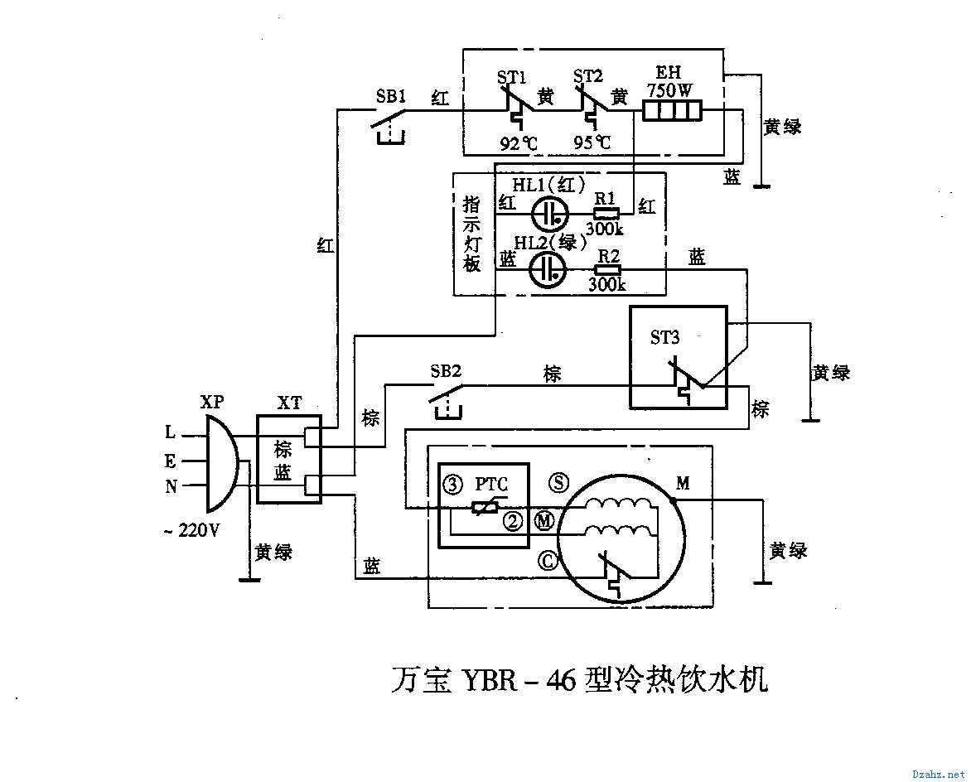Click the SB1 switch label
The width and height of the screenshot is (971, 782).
390,95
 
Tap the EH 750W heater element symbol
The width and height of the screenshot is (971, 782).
672,111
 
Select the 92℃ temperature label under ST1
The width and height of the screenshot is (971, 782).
518,143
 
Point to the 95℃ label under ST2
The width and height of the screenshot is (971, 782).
592,143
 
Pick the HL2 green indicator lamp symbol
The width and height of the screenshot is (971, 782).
548,270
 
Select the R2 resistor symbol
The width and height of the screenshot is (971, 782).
608,270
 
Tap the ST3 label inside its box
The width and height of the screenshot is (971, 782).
664,337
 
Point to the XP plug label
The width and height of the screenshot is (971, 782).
212,402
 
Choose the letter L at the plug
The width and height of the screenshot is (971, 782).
171,432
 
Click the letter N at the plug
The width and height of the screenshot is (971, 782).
171,487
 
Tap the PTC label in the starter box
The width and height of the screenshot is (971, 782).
491,484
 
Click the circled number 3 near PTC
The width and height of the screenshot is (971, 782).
452,485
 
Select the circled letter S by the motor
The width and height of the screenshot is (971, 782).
559,483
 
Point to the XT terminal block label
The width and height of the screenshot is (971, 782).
289,403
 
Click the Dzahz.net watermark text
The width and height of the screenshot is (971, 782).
938,773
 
